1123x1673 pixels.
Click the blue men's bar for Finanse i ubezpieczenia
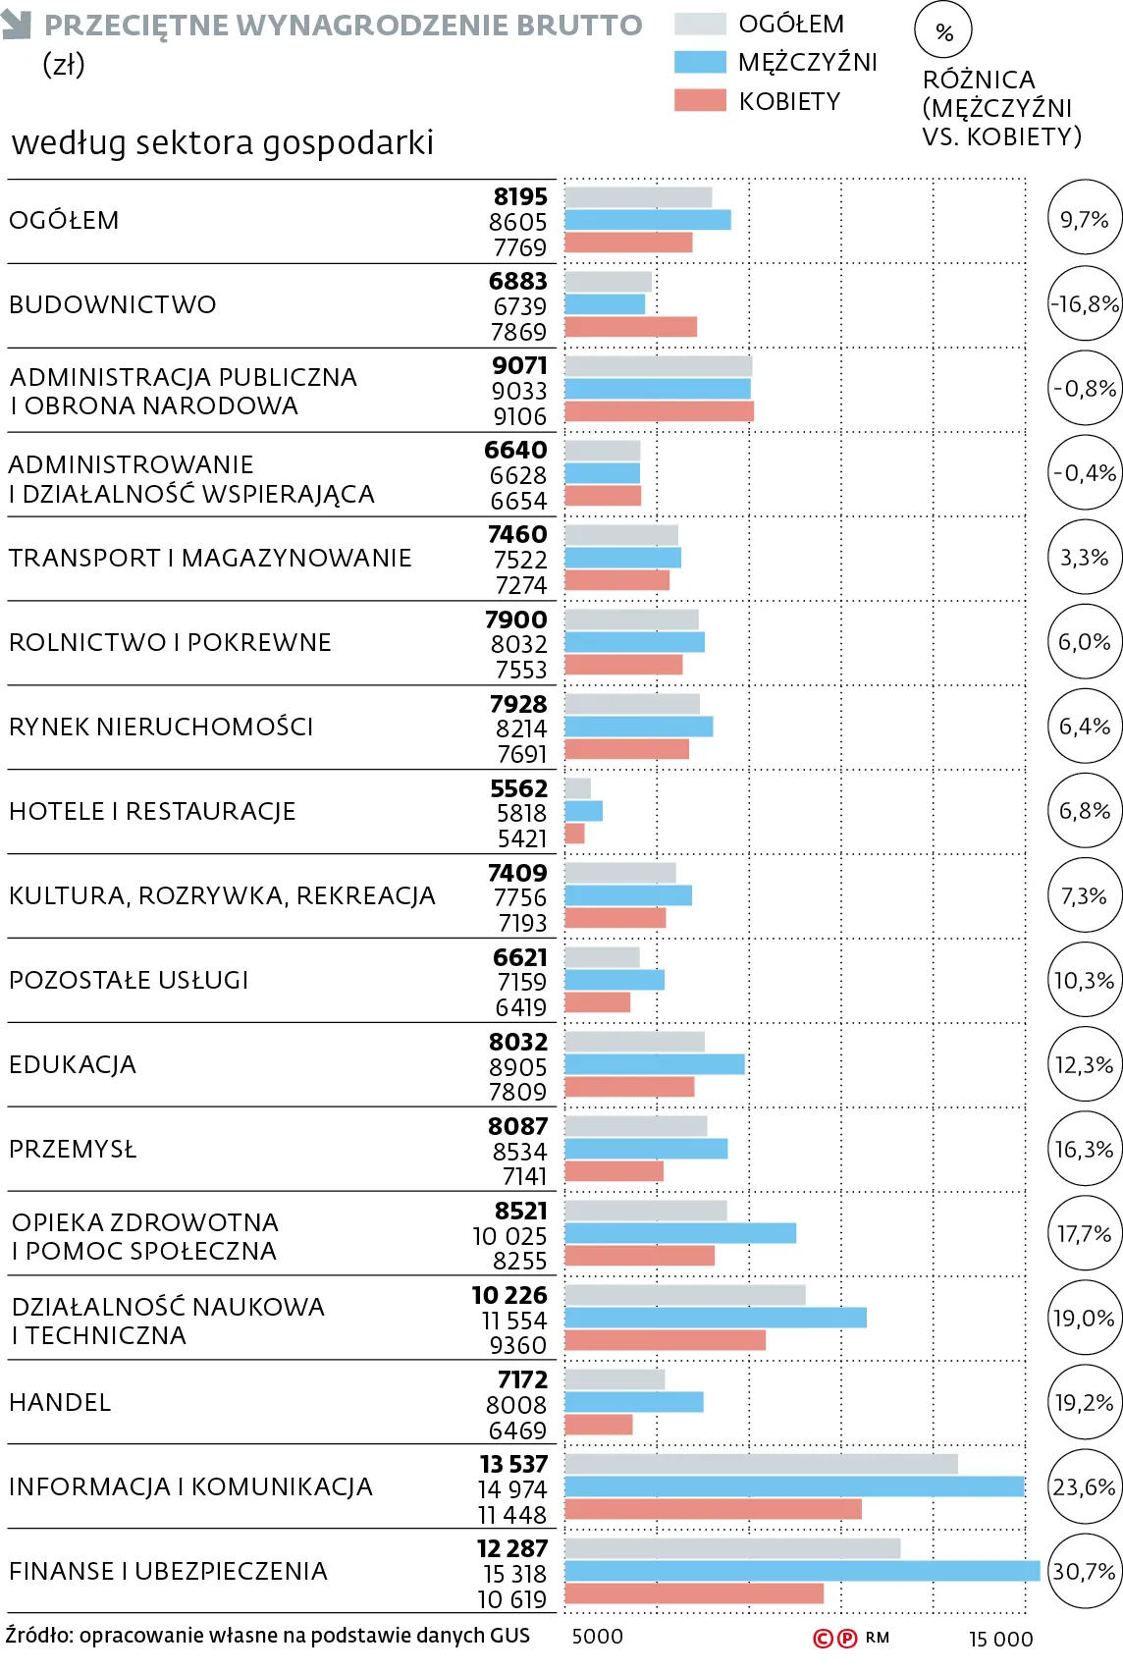pos(802,1571)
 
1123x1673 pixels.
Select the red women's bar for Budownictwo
pos(631,327)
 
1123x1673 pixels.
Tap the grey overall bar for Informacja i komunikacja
pos(761,1464)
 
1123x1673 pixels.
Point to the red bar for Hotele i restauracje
pos(574,834)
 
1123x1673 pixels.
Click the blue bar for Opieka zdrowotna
pos(680,1233)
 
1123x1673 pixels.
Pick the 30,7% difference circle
pos(1085,1572)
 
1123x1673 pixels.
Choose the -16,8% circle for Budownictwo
pos(1085,304)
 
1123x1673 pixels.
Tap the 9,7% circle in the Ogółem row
pos(1085,220)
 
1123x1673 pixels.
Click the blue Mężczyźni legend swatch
pos(700,62)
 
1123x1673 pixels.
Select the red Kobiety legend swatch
pos(700,100)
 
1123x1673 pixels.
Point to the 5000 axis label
pos(598,1637)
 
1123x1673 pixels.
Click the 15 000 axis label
pos(1000,1640)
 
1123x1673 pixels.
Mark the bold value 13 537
pos(513,1464)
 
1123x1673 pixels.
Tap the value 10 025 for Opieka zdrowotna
pos(510,1236)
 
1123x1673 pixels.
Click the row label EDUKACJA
pos(73,1064)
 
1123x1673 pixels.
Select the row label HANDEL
pos(60,1403)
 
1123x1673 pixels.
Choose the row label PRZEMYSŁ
pos(74,1149)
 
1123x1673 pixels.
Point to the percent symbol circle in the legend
pos(943,30)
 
